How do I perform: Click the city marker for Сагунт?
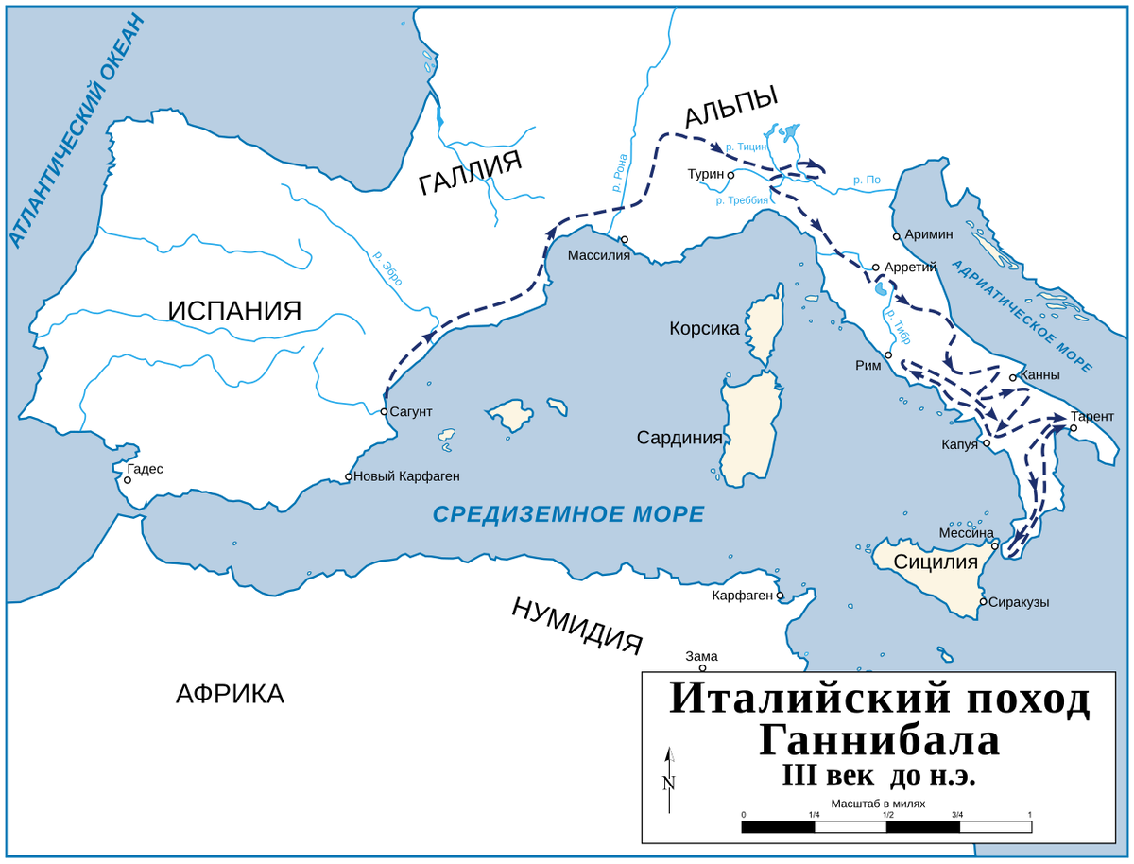pyautogui.click(x=384, y=411)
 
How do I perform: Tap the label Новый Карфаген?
pyautogui.click(x=407, y=476)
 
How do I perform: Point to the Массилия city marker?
pyautogui.click(x=624, y=240)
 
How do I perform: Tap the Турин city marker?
pyautogui.click(x=730, y=175)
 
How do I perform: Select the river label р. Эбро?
pyautogui.click(x=387, y=268)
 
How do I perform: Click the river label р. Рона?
pyautogui.click(x=620, y=174)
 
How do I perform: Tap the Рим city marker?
pyautogui.click(x=887, y=356)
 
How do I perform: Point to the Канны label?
pyautogui.click(x=1040, y=375)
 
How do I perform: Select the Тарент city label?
pyautogui.click(x=1092, y=416)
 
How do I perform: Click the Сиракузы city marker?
pyautogui.click(x=983, y=601)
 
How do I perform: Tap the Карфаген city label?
pyautogui.click(x=742, y=596)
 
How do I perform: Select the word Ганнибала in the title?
pyautogui.click(x=879, y=739)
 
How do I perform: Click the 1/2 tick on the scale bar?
pyautogui.click(x=887, y=815)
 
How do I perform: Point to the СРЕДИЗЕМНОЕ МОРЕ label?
pyautogui.click(x=568, y=514)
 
